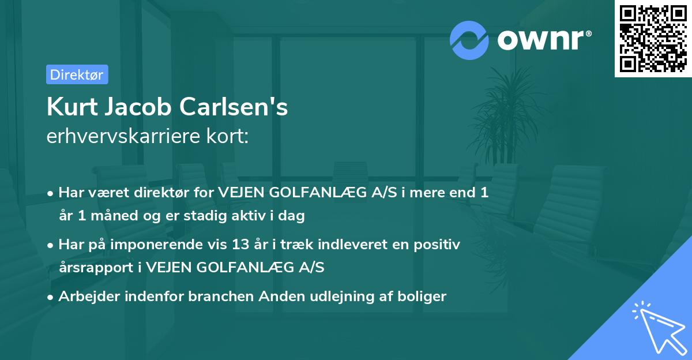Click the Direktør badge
coord(77,74)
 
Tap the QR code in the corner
coord(653,39)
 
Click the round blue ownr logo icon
coord(470,40)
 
